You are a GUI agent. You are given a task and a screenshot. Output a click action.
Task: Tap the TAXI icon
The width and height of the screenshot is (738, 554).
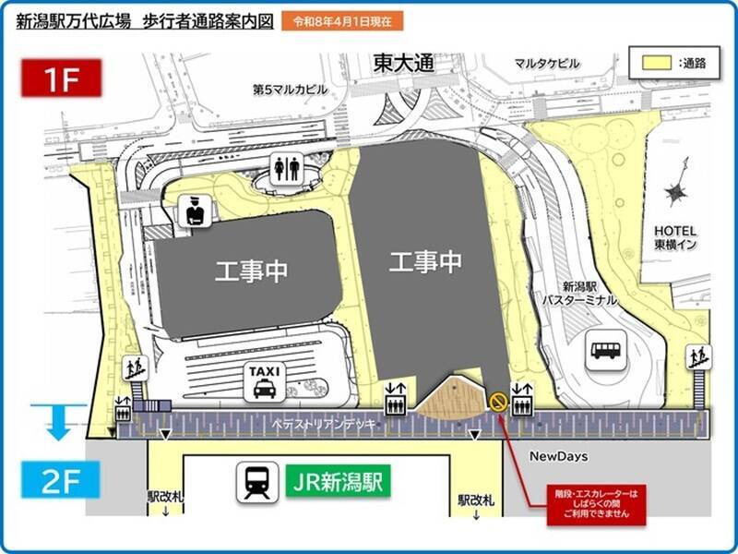264,381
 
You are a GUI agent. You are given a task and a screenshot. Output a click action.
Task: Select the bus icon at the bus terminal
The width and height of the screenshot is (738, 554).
606,349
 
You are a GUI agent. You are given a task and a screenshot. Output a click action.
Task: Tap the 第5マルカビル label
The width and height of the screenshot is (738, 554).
290,90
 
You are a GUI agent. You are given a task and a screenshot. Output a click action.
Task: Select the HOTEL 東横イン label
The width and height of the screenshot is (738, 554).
676,237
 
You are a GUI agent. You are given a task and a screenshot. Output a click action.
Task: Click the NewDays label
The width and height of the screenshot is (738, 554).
559,456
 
